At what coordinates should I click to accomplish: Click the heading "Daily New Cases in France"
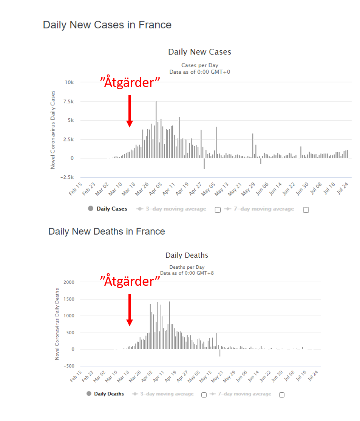107,25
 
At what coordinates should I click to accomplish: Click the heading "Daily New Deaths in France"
107,231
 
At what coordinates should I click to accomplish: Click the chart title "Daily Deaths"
187,255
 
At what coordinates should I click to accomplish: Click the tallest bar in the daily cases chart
156,128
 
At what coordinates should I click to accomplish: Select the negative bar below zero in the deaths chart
220,353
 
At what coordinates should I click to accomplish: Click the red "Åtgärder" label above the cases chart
130,82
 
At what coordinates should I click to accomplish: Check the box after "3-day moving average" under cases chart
218,210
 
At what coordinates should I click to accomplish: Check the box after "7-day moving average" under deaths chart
282,395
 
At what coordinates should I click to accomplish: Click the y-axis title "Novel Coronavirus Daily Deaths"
57,323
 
